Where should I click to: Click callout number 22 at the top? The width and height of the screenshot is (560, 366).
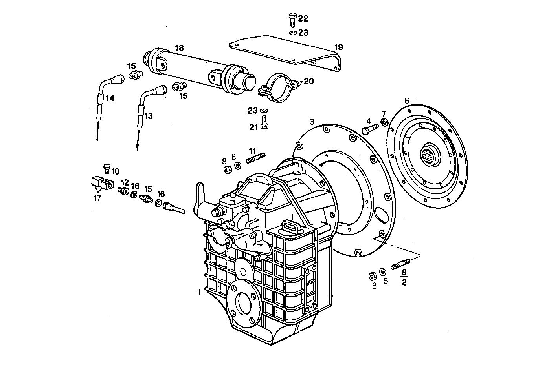point(303,18)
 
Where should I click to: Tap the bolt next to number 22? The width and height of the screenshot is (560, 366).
point(292,19)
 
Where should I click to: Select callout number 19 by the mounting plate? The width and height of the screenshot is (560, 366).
point(338,47)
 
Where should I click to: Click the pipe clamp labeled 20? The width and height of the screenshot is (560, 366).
point(280,88)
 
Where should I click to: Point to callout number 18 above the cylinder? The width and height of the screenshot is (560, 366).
point(179,48)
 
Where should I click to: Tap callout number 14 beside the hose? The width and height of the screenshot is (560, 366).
point(110,98)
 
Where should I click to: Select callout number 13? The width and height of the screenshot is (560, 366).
point(148,116)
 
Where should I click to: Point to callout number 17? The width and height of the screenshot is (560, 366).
point(97,198)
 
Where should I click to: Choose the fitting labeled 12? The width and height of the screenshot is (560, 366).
point(123,190)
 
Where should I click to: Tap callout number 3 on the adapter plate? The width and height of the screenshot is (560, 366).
point(312,122)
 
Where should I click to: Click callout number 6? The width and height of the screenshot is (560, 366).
point(407,101)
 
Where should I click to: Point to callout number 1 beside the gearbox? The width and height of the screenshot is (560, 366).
point(199,292)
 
